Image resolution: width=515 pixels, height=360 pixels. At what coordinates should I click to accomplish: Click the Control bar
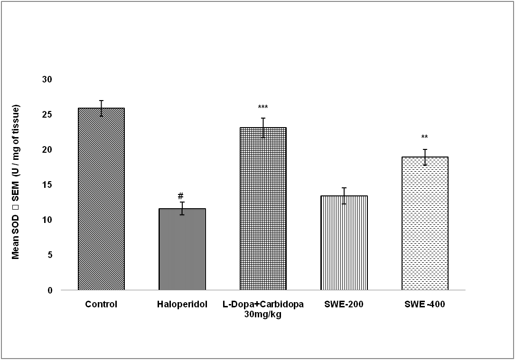pyautogui.click(x=101, y=199)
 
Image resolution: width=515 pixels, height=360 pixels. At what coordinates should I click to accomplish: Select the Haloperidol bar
pyautogui.click(x=182, y=249)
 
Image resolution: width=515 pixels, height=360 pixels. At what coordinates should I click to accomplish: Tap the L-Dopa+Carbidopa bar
pyautogui.click(x=263, y=209)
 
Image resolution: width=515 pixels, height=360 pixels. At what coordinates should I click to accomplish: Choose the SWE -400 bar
pyautogui.click(x=425, y=223)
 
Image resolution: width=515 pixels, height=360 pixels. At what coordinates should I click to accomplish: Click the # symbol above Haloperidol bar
pyautogui.click(x=180, y=196)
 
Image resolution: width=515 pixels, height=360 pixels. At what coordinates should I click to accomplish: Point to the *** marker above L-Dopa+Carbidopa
pyautogui.click(x=262, y=107)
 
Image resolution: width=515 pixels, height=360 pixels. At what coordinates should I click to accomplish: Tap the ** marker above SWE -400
pyautogui.click(x=424, y=138)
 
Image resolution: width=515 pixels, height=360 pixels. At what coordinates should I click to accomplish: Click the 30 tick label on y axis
pyautogui.click(x=47, y=79)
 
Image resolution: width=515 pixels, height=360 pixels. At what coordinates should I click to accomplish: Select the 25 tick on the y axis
pyautogui.click(x=47, y=114)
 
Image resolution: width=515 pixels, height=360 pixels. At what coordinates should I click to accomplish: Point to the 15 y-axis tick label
pyautogui.click(x=47, y=185)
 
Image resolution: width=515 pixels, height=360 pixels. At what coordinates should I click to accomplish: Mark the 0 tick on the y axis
pyautogui.click(x=49, y=290)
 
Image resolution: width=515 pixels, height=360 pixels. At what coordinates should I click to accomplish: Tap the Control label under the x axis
pyautogui.click(x=101, y=305)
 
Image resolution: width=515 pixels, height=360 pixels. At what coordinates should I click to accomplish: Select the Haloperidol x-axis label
pyautogui.click(x=182, y=305)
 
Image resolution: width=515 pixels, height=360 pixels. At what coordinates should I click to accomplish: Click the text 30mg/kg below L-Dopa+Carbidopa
pyautogui.click(x=263, y=314)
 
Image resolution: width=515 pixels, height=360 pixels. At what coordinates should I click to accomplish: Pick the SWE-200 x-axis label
pyautogui.click(x=344, y=305)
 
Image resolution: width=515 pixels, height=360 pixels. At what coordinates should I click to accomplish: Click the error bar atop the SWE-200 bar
pyautogui.click(x=344, y=196)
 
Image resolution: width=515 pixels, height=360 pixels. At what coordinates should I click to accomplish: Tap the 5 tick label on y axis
pyautogui.click(x=49, y=255)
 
